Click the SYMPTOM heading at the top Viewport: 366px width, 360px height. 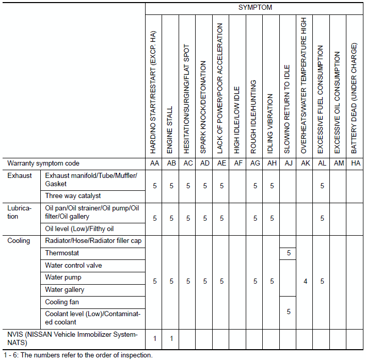[x=255, y=8]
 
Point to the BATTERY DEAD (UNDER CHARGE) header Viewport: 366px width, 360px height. [x=355, y=98]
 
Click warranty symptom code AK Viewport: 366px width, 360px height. [x=305, y=163]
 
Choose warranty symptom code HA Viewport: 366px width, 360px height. [x=355, y=163]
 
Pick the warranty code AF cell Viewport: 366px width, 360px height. [x=237, y=163]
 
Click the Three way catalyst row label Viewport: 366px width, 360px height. [x=73, y=196]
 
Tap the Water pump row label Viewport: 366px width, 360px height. [x=63, y=277]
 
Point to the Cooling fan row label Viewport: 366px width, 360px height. [x=62, y=302]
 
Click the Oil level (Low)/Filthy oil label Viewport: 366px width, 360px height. [x=79, y=229]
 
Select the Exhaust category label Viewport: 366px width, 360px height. [x=19, y=175]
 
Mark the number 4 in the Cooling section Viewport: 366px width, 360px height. [x=305, y=282]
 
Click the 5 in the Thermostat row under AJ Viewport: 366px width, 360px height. [x=288, y=253]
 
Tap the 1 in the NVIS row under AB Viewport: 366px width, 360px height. [x=170, y=338]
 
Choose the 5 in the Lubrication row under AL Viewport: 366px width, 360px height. [x=322, y=219]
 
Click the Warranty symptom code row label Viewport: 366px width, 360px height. [x=43, y=163]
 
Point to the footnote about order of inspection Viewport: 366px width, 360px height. [x=78, y=355]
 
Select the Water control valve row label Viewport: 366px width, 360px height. [x=73, y=266]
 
